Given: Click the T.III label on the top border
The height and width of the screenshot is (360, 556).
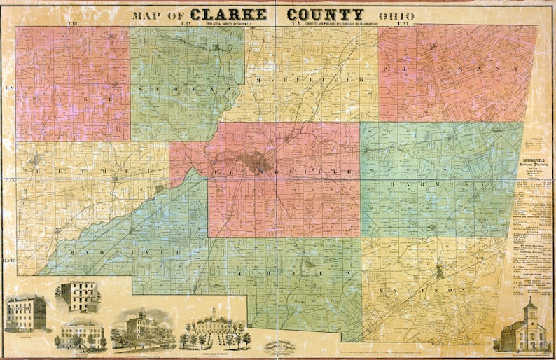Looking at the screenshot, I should coord(53,25).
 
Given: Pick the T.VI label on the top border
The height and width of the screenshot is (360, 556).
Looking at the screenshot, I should coord(402,25).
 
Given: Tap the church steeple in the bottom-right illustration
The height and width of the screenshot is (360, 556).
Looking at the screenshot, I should coord(530,306).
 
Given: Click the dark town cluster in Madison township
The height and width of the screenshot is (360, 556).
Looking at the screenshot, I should coord(439,272).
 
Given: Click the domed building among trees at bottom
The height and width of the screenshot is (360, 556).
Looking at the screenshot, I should coord(142,328).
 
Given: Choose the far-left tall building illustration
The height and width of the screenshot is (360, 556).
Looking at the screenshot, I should coord(26,312).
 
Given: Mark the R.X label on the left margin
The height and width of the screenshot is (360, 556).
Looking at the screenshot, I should coord(9,88).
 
